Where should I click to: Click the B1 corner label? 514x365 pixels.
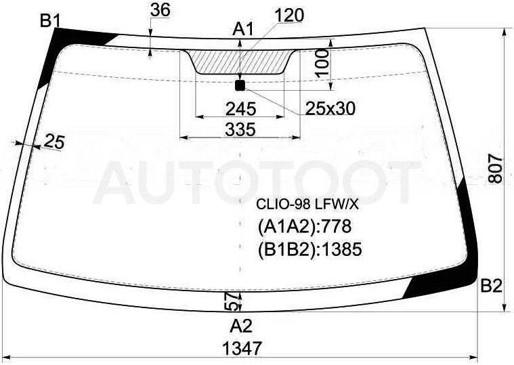(50, 22)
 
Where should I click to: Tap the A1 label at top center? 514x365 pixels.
(243, 29)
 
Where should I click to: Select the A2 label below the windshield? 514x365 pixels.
(241, 326)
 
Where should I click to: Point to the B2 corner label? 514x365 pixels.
(492, 286)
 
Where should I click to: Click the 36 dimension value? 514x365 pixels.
(160, 10)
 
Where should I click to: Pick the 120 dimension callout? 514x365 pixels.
(289, 16)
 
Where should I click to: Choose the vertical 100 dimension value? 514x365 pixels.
(323, 62)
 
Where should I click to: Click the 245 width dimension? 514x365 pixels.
(240, 109)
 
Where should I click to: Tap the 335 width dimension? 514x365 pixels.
(240, 129)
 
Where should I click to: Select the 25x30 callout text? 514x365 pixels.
(330, 108)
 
